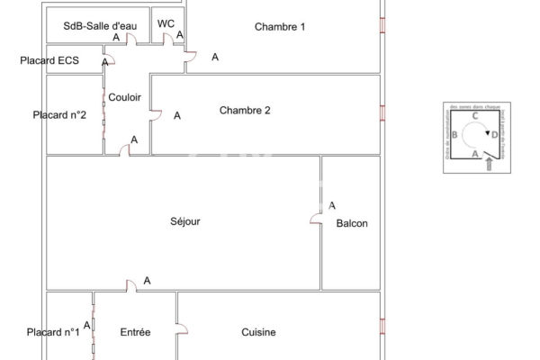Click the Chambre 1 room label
(280, 27)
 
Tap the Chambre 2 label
(245, 111)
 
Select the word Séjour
(184, 221)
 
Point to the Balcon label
(352, 224)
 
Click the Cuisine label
(258, 333)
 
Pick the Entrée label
(135, 333)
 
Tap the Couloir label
(124, 97)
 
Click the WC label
(166, 23)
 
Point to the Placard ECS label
(49, 61)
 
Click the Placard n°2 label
(59, 115)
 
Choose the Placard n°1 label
(53, 333)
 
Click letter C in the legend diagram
(474, 116)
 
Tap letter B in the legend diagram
(455, 135)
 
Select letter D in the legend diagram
(494, 135)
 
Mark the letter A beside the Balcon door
(332, 205)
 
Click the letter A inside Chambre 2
(177, 115)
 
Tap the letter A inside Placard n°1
(86, 325)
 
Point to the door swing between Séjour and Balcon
(316, 219)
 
